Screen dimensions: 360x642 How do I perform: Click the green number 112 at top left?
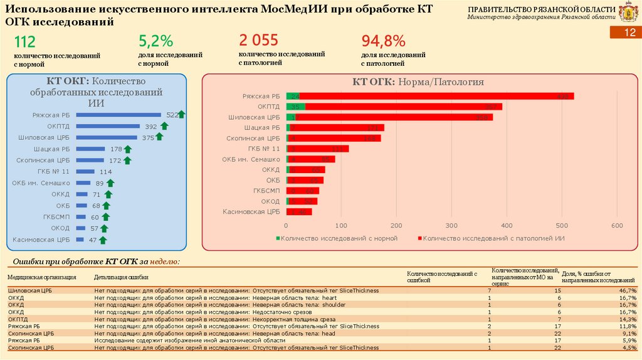click(25, 42)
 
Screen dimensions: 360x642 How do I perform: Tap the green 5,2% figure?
click(155, 42)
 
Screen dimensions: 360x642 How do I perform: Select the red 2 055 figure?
click(258, 41)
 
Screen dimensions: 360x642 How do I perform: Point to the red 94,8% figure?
click(383, 42)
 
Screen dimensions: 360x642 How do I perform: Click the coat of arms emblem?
click(628, 12)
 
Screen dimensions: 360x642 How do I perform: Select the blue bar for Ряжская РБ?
click(120, 115)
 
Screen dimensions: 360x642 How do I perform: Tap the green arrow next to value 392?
click(164, 126)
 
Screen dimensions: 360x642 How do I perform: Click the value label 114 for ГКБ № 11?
click(105, 171)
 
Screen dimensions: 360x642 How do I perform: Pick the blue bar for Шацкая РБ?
click(90, 149)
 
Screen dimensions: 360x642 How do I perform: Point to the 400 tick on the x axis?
click(507, 225)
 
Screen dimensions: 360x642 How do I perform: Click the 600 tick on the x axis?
click(616, 225)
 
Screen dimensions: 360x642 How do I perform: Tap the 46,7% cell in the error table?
click(627, 291)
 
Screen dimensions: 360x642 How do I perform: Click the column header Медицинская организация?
click(42, 277)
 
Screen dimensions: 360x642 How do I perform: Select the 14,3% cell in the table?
click(627, 319)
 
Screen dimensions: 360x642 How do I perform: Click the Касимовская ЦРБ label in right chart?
click(251, 212)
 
